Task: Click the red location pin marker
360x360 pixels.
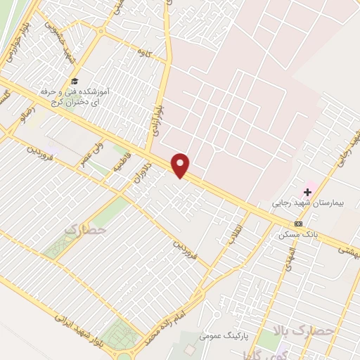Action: [x=181, y=165]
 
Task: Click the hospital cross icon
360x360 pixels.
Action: [x=307, y=191]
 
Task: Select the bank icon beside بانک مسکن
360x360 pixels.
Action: [x=299, y=224]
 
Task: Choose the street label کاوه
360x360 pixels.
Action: [x=145, y=52]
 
